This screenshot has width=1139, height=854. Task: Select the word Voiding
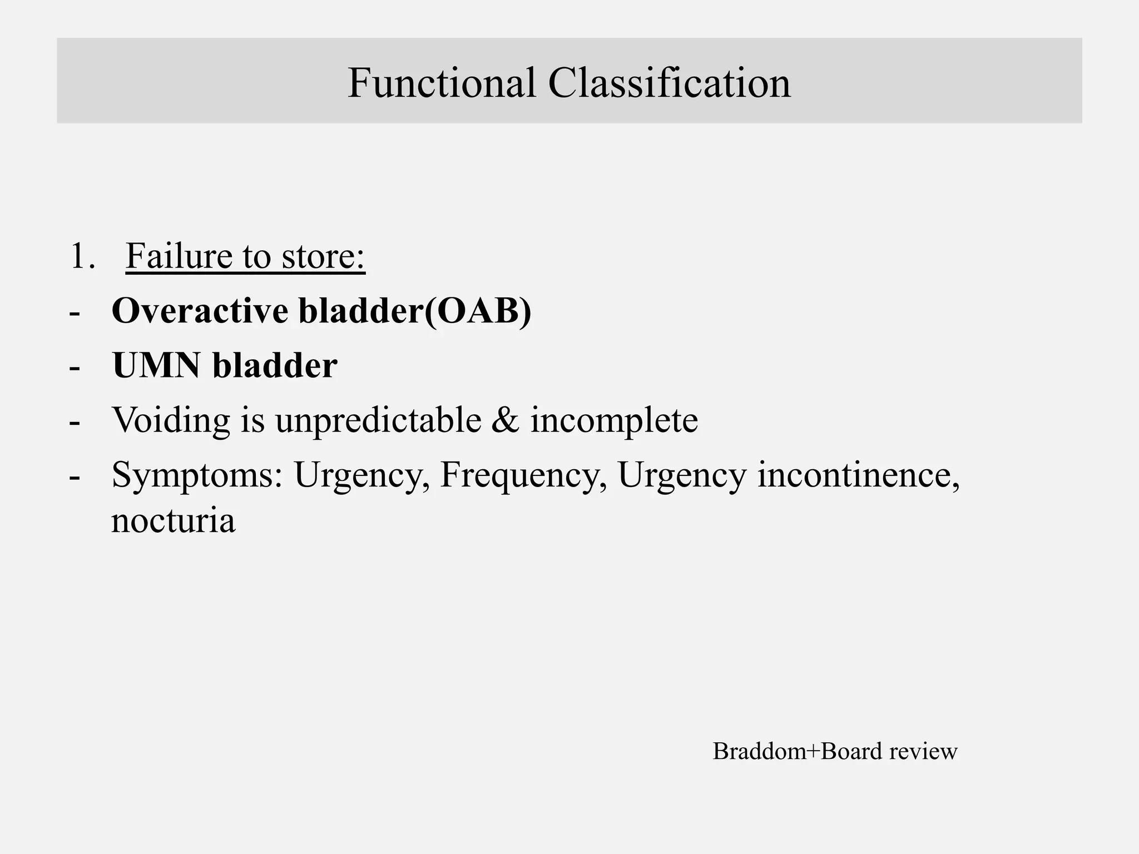(x=171, y=420)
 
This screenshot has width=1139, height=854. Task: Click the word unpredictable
(x=378, y=420)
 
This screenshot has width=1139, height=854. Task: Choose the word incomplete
(x=614, y=420)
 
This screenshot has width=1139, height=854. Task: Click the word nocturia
(x=173, y=521)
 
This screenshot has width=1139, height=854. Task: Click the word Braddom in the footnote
(x=759, y=751)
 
